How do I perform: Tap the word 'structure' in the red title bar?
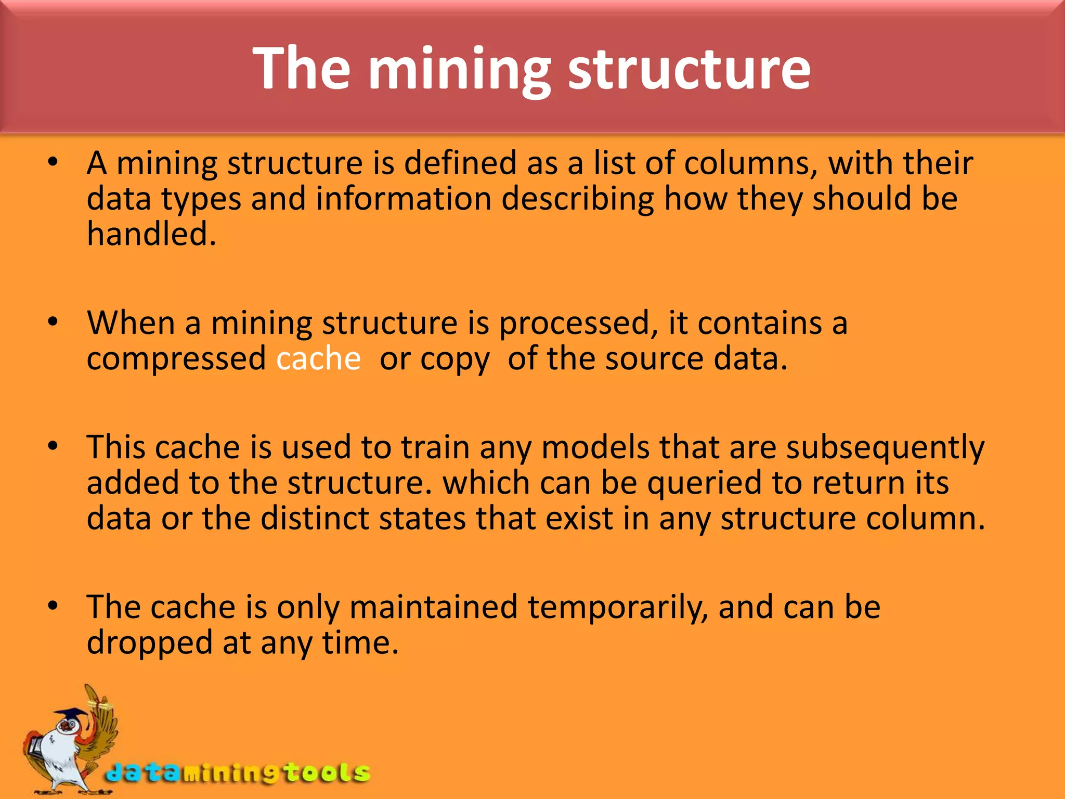point(689,69)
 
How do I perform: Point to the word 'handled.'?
point(151,234)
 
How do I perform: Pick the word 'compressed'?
point(176,359)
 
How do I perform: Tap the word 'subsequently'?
point(885,448)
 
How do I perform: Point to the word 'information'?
point(404,199)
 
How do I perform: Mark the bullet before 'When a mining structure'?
point(53,323)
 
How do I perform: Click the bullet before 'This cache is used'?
point(53,447)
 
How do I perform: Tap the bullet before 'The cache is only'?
point(53,607)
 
